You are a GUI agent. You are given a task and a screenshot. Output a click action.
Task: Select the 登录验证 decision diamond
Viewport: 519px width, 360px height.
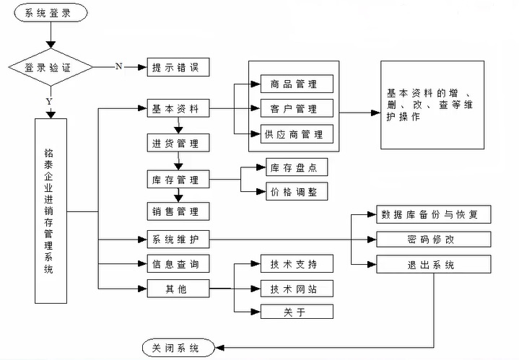49,68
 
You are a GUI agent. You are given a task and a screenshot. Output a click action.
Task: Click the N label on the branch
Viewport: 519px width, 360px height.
118,66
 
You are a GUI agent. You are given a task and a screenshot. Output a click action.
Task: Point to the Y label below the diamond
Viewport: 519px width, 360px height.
48,102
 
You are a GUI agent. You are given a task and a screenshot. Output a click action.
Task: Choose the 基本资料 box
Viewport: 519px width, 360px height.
178,110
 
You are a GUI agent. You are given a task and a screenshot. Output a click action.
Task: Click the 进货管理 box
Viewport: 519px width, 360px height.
178,142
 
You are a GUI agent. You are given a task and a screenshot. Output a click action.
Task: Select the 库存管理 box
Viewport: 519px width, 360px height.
178,179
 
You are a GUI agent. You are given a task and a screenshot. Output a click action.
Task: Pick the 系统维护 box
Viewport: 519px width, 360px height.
178,239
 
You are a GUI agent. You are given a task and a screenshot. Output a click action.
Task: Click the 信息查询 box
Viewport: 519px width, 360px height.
178,264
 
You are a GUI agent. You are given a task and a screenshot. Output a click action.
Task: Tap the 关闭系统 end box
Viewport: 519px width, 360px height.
178,347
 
